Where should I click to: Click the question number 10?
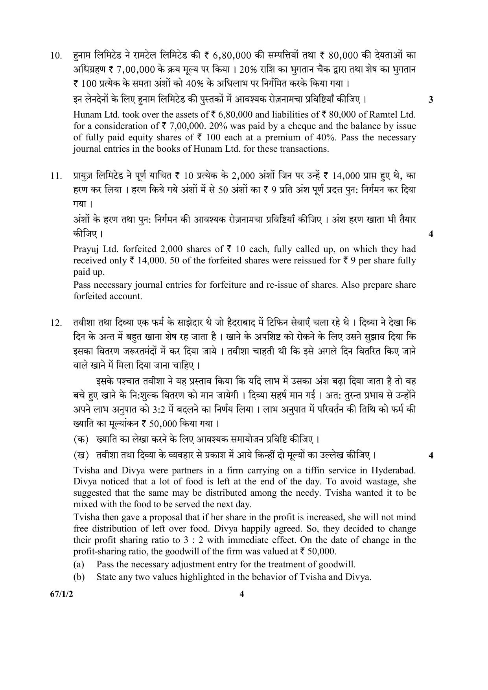[56, 56]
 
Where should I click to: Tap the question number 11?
[56, 176]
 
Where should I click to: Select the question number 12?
[56, 323]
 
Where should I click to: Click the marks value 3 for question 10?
[431, 99]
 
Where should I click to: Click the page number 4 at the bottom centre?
[241, 594]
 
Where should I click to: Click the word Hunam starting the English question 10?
[86, 115]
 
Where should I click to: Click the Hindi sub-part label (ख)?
[81, 455]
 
